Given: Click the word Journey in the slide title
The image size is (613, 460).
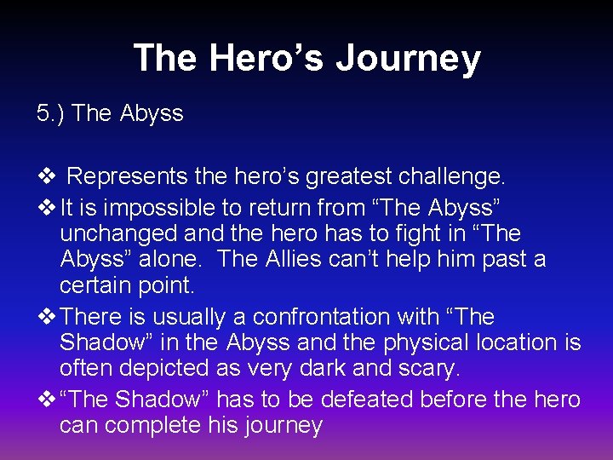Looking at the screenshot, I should pos(408,60).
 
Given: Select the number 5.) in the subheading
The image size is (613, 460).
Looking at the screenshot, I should pos(52,113).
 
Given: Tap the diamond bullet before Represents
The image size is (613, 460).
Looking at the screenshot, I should pos(47,177).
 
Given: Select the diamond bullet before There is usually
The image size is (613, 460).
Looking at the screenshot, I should pos(47,317).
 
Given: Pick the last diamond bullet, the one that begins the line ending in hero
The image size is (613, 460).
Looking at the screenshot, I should pos(47,400).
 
